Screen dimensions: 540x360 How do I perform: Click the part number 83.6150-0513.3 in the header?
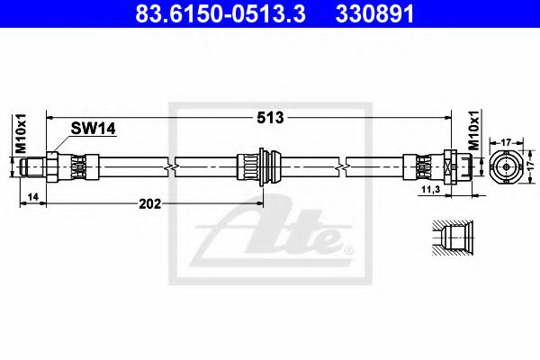[220, 14]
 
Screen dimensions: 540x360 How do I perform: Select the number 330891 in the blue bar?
[374, 14]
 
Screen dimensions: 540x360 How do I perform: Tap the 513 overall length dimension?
[270, 118]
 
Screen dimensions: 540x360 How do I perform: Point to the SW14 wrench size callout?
[93, 129]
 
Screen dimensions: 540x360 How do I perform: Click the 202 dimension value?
[149, 204]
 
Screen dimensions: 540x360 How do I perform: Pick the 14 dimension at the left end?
[33, 197]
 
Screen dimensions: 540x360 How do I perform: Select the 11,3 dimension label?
[431, 189]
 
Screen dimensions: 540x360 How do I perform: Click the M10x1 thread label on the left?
[22, 133]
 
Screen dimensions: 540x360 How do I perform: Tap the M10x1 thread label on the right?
[474, 130]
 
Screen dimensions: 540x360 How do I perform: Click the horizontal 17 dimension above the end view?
[506, 142]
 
